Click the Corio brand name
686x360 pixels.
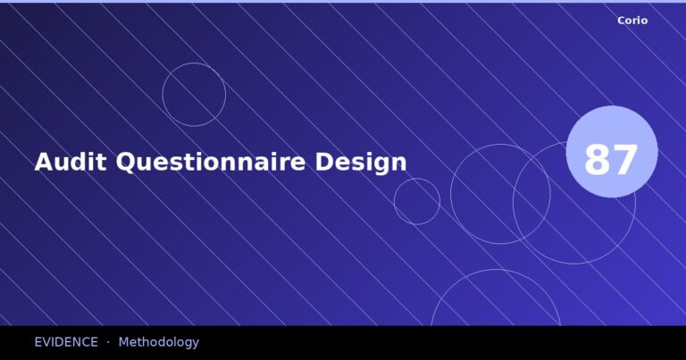(632, 20)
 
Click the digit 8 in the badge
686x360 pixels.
(598, 161)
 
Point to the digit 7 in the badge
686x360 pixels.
(625, 161)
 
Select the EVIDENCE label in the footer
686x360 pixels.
(66, 342)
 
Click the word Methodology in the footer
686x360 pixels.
(158, 342)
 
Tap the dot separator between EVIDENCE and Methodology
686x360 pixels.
(108, 342)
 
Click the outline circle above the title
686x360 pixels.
(194, 95)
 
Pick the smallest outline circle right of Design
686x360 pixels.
(417, 201)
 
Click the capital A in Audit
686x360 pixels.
(44, 162)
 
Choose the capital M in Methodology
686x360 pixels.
(123, 342)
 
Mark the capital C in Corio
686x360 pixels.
(622, 20)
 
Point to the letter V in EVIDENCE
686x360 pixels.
(48, 342)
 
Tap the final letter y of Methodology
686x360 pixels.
(196, 344)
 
